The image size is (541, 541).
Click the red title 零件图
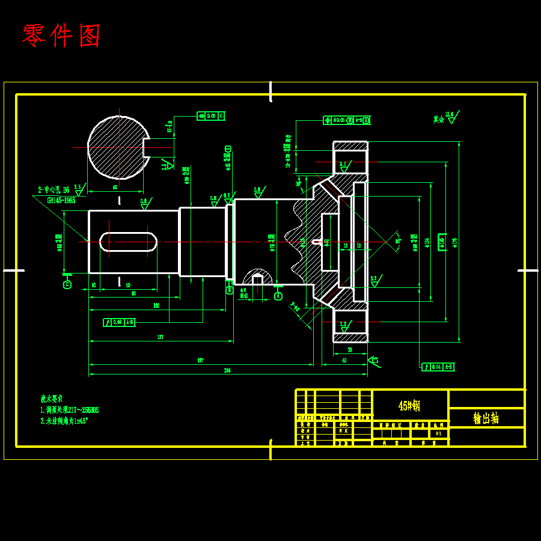(61, 36)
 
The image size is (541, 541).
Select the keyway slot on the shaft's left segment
(128, 242)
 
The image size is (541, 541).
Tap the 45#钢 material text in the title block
(409, 406)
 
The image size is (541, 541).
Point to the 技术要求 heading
(52, 399)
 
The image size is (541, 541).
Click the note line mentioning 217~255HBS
(70, 410)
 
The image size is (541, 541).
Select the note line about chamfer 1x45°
(64, 421)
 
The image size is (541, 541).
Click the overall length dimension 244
(227, 370)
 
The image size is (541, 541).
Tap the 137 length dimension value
(160, 337)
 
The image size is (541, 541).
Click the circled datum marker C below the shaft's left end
(67, 284)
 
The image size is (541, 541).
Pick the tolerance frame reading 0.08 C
(210, 116)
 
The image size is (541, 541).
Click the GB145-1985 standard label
(61, 200)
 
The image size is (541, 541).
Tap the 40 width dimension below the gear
(344, 361)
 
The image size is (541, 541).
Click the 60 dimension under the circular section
(115, 188)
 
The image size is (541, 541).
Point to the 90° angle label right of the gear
(397, 242)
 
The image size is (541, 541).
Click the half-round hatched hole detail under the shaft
(257, 278)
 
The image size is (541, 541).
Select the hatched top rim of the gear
(350, 146)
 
